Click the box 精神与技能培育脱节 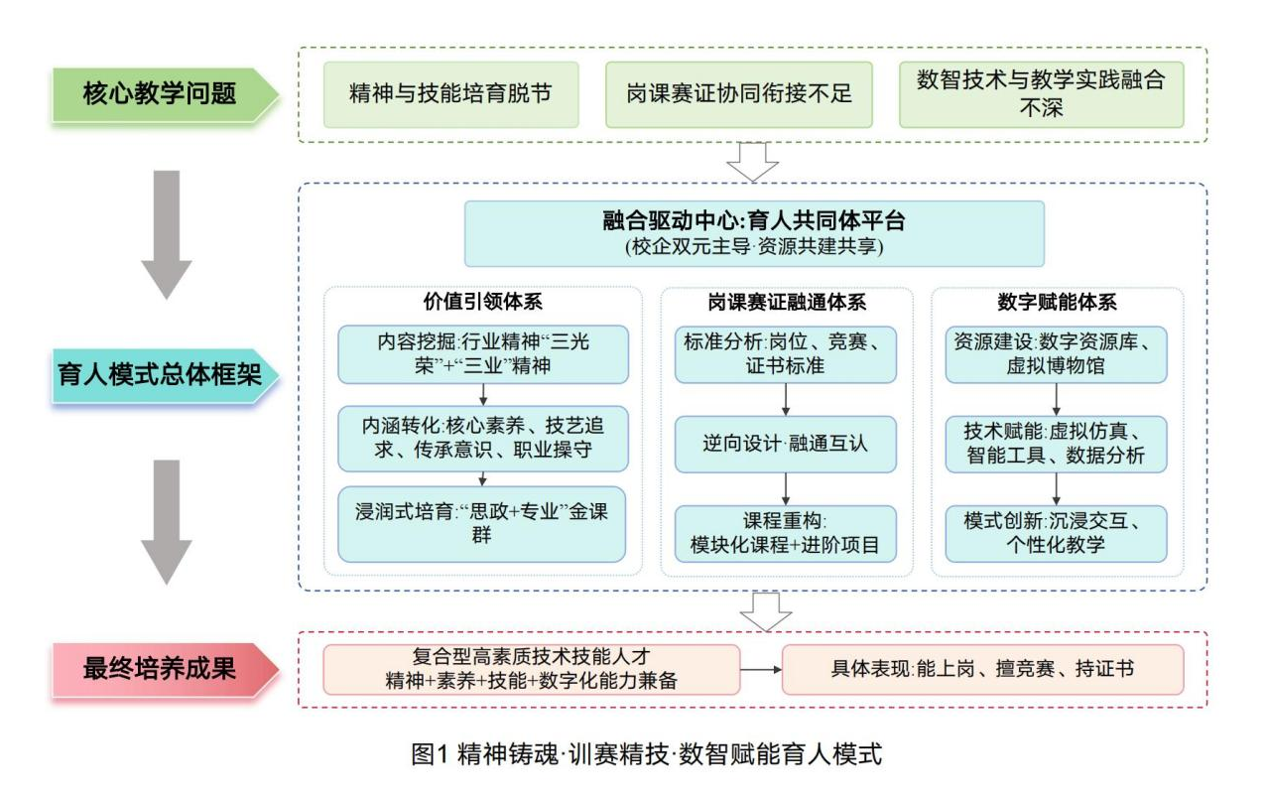(x=451, y=94)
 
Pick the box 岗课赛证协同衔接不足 (x=739, y=94)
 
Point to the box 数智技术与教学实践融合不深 (x=1041, y=94)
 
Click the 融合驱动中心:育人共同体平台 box (x=754, y=233)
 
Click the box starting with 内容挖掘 (x=482, y=353)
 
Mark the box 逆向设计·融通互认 (x=786, y=444)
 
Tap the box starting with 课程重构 (x=786, y=534)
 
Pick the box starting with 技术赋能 (x=1056, y=444)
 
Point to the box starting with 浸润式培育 (x=482, y=524)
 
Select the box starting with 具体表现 (x=982, y=669)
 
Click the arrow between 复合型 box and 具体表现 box (x=761, y=669)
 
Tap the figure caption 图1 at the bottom (x=646, y=753)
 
